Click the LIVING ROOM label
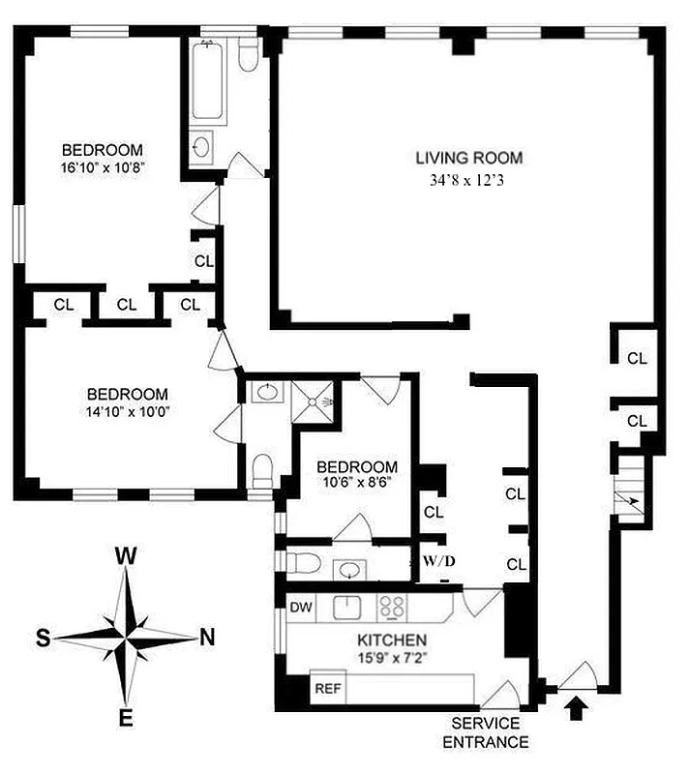[x=468, y=158]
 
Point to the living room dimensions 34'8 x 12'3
[x=469, y=180]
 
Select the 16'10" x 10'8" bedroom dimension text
[x=102, y=166]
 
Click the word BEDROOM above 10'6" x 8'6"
[x=358, y=465]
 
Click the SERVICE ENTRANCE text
[x=486, y=732]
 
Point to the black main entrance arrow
[x=577, y=711]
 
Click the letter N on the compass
[x=205, y=637]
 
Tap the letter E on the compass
[x=126, y=717]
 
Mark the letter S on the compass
[x=44, y=638]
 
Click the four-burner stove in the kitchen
[x=391, y=608]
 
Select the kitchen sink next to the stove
[x=346, y=608]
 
